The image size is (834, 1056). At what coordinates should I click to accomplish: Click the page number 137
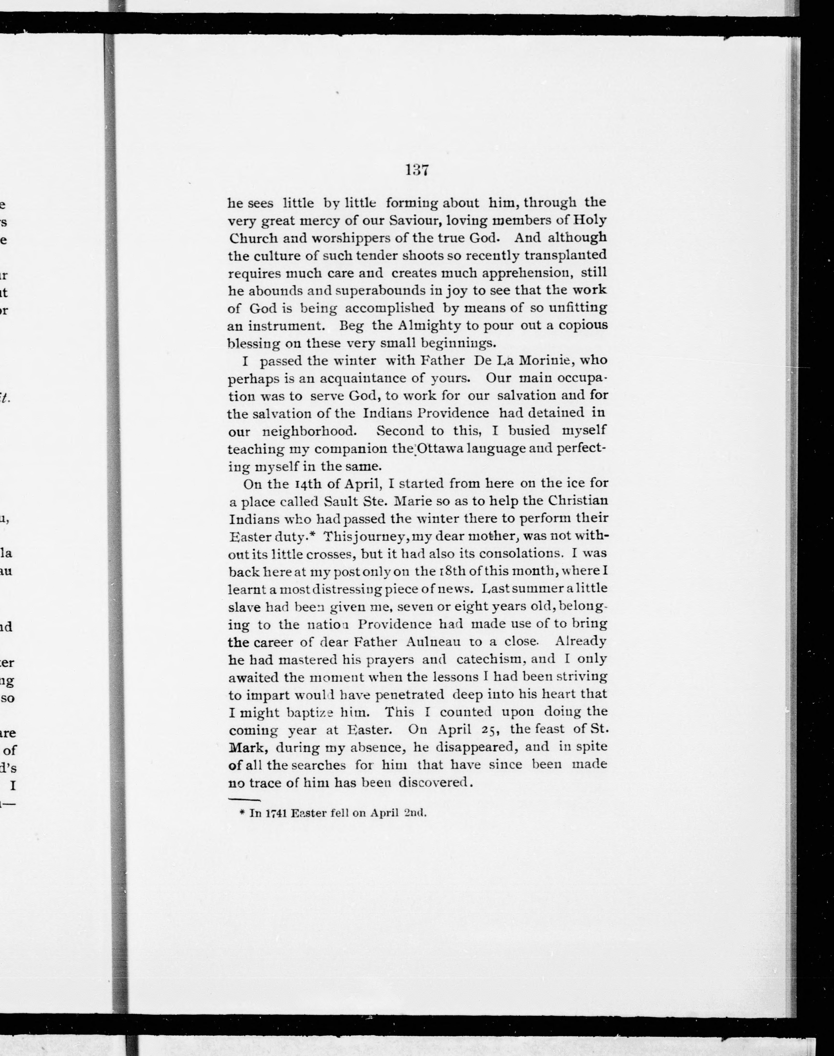pyautogui.click(x=417, y=170)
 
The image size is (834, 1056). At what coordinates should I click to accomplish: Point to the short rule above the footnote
pyautogui.click(x=244, y=800)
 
